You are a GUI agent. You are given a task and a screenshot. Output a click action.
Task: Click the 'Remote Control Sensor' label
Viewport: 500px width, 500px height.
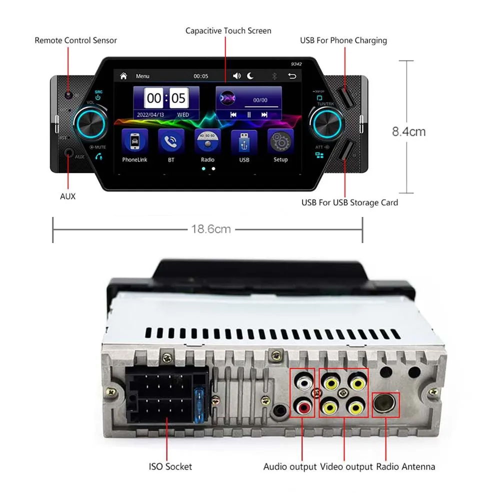[x=75, y=40]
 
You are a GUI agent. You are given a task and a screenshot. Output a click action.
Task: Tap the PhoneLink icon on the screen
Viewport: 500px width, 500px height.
[x=135, y=141]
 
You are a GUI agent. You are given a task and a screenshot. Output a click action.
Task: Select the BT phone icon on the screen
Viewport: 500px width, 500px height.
[x=171, y=141]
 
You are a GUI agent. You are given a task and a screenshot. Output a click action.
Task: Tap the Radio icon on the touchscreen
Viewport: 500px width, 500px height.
[x=207, y=141]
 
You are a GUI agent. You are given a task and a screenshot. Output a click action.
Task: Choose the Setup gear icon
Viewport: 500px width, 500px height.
[x=280, y=141]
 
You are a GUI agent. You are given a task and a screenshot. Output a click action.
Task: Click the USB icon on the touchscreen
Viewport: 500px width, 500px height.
[x=244, y=141]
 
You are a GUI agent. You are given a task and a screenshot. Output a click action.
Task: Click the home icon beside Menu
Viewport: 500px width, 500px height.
[x=123, y=76]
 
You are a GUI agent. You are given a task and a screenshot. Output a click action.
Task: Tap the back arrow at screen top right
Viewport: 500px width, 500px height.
[x=292, y=76]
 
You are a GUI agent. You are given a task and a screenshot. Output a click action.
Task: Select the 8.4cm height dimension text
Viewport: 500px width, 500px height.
[x=408, y=132]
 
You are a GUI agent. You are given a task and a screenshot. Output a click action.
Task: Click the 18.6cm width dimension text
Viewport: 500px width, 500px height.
[x=210, y=229]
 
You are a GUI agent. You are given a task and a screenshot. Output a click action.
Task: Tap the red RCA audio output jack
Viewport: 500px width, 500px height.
[x=303, y=407]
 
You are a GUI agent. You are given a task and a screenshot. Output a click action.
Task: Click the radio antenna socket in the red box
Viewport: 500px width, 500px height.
[x=386, y=404]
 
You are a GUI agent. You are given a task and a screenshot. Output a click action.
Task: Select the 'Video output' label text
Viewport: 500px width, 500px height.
[x=346, y=466]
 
